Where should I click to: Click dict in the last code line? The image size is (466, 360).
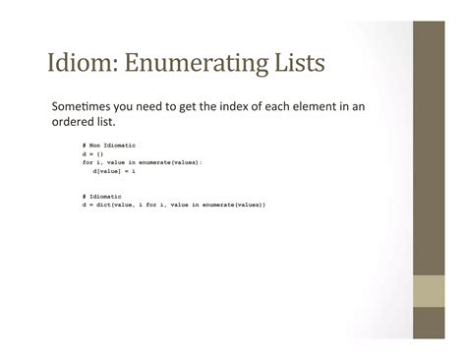point(103,206)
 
